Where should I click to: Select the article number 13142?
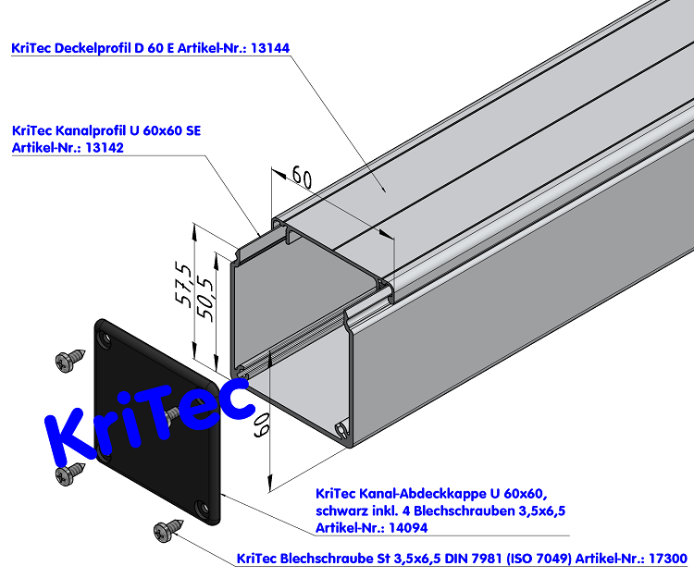[105, 147]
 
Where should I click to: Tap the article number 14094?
[405, 527]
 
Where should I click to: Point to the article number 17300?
[666, 559]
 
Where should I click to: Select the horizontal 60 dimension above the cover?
[302, 175]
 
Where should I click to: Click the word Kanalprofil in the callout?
[93, 130]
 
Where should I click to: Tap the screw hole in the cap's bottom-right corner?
[201, 508]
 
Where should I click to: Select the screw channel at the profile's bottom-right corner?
[343, 429]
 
